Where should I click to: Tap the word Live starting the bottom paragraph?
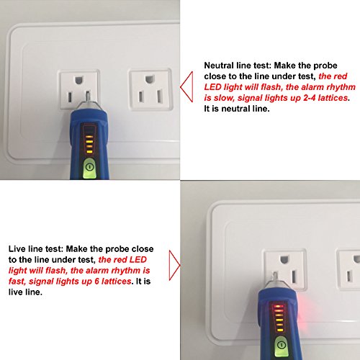coord(17,248)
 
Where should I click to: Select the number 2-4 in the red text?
coord(310,98)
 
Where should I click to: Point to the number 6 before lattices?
coord(96,281)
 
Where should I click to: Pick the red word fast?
coord(17,282)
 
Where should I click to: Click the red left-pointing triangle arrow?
coord(186,87)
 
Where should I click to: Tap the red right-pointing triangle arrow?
coord(174,266)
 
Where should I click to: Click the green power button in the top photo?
coord(89,168)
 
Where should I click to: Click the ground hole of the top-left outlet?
coord(78,80)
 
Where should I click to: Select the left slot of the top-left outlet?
coord(70,96)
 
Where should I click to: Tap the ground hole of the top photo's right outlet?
coord(149,79)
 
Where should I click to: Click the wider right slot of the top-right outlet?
coord(160,96)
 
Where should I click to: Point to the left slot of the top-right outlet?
coord(141,96)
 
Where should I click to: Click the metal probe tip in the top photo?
coord(88,96)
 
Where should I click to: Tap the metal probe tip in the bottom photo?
coord(276,277)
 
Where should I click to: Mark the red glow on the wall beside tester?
coord(303,312)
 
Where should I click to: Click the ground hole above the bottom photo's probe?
coord(284,259)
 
